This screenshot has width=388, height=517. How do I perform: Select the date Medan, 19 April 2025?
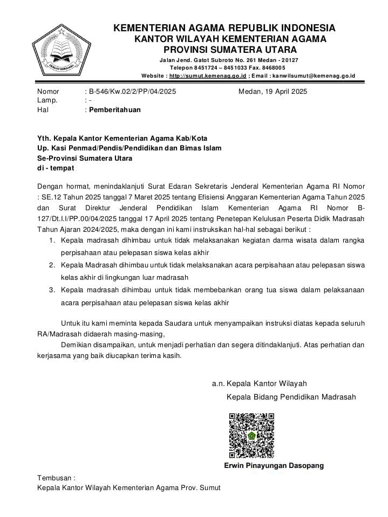point(273,92)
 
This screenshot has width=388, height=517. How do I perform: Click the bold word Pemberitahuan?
point(115,109)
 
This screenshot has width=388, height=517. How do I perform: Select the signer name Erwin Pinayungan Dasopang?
point(274,465)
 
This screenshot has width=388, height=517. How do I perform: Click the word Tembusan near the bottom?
point(56,478)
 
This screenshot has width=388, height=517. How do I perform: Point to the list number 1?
point(52,240)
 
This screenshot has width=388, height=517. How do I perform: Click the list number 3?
point(52,290)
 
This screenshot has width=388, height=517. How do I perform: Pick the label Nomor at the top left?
point(48,92)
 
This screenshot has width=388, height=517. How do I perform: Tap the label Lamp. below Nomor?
point(47,100)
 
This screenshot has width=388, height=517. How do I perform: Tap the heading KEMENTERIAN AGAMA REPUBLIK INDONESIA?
point(224,28)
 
